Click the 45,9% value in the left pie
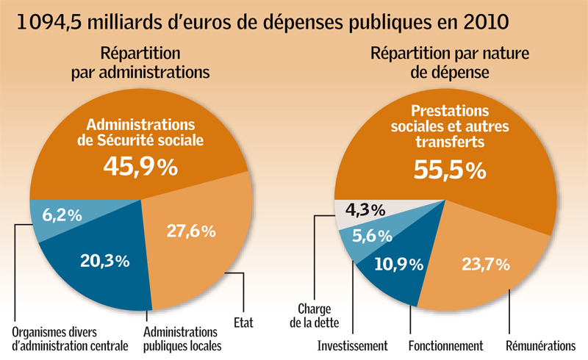pos(140,167)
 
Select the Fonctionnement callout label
pos(445,345)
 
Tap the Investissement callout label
pos(353,345)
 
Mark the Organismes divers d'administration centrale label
pos(71,337)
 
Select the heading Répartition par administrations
pos(140,63)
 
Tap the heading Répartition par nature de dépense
pos(450,63)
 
